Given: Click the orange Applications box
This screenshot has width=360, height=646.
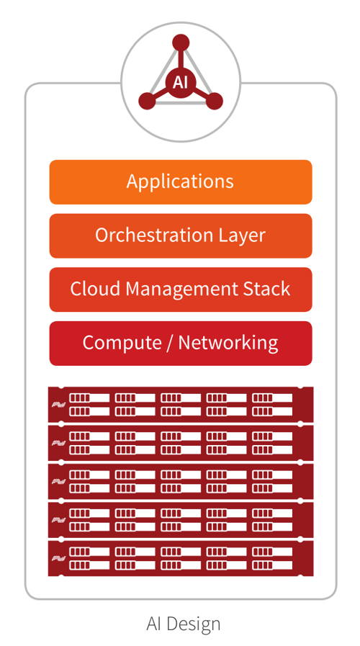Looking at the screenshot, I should (180, 181).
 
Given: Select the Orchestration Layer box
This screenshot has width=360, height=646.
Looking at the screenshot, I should (180, 235).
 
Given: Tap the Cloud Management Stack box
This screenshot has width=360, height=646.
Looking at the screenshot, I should (180, 290).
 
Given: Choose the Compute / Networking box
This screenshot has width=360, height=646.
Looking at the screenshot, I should (180, 343).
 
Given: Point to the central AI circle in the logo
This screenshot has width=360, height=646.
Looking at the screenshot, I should (180, 81).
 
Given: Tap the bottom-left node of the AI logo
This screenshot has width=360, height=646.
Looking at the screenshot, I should (147, 101).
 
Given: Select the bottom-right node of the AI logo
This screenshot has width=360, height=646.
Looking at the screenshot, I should (214, 101).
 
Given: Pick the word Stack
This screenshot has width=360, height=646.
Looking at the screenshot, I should (268, 290).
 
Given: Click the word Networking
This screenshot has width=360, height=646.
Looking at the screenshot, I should (228, 343).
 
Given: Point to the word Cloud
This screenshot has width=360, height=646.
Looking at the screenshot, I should (95, 290).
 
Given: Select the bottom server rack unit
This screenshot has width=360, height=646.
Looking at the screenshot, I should (180, 557).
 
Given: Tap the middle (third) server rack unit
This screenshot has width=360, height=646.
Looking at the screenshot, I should (180, 481).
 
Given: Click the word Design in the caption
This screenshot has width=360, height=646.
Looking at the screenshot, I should (195, 624).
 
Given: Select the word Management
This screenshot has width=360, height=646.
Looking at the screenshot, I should (182, 290).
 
